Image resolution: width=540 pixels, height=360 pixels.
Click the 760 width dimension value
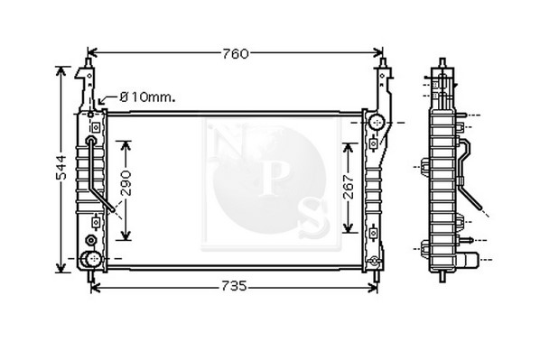(235, 54)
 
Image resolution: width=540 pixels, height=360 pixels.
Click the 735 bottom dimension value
(234, 286)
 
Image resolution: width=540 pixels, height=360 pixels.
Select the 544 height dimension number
(61, 168)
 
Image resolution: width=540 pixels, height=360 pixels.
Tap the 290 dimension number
(126, 183)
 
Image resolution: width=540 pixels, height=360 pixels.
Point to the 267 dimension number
(349, 187)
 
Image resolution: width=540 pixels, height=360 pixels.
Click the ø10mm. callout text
(147, 97)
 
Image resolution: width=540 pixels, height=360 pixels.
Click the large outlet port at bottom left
(90, 259)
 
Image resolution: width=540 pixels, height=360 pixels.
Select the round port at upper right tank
(377, 122)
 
